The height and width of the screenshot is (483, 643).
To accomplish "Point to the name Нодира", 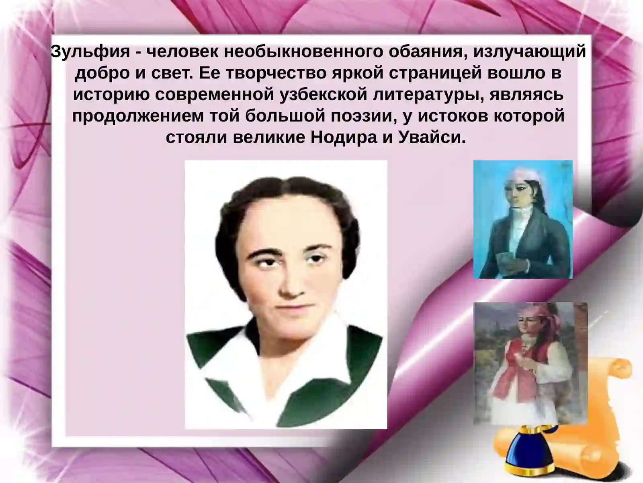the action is pos(344,138).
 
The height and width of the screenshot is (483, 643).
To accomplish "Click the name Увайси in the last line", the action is pos(432,138).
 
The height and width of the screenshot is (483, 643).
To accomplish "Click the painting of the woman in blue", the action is pos(523,219).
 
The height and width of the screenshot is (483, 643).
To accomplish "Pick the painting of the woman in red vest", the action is pos(530,363).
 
